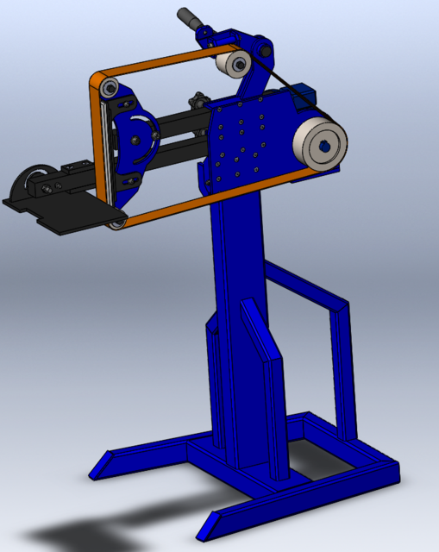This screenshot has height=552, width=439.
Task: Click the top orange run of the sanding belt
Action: (155, 65)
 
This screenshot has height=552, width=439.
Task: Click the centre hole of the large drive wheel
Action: (324, 146)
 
